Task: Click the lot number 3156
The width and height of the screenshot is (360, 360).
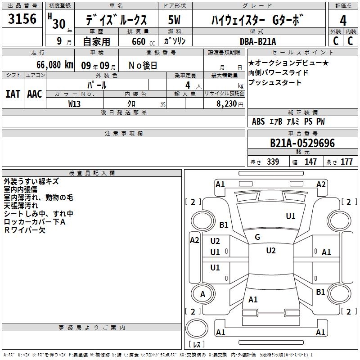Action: click(22, 18)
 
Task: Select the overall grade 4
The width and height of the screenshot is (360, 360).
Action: click(343, 20)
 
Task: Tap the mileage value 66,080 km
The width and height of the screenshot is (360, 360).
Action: click(55, 65)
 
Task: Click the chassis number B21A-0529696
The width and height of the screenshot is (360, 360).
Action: click(302, 143)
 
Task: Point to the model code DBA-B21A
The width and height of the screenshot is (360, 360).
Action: click(258, 41)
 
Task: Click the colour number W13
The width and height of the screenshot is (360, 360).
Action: click(74, 104)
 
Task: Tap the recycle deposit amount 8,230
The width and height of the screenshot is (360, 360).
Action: click(227, 103)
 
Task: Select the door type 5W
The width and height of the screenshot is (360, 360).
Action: click(174, 20)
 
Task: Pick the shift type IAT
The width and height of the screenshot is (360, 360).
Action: click(13, 94)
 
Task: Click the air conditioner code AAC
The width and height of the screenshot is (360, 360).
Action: click(35, 94)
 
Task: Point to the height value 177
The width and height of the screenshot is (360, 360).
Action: click(346, 162)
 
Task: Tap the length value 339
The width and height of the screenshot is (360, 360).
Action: click(273, 162)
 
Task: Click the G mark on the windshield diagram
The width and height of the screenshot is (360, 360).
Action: click(257, 237)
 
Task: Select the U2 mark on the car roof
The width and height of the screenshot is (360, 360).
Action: click(271, 251)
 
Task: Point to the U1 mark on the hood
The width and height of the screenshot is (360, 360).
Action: click(291, 216)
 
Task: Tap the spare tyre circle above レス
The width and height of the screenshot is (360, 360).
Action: click(197, 319)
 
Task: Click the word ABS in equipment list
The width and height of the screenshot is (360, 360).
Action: click(258, 121)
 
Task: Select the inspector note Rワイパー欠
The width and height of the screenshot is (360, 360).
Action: click(25, 230)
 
